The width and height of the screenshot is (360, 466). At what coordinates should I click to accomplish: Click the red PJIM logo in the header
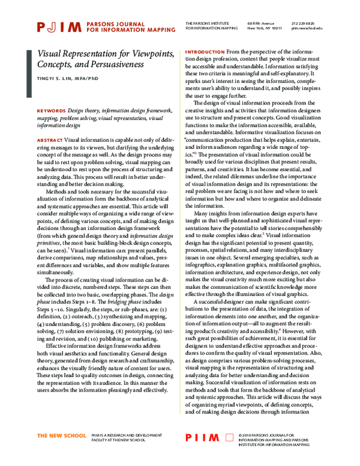tap(59, 26)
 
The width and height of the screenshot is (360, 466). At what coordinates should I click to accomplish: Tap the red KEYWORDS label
tap(51, 112)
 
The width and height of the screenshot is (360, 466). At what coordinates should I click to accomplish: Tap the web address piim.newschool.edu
tap(323, 28)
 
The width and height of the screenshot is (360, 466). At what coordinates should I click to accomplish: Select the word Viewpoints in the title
tap(149, 53)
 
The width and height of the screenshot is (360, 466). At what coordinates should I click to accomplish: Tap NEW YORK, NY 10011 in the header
tap(265, 28)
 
